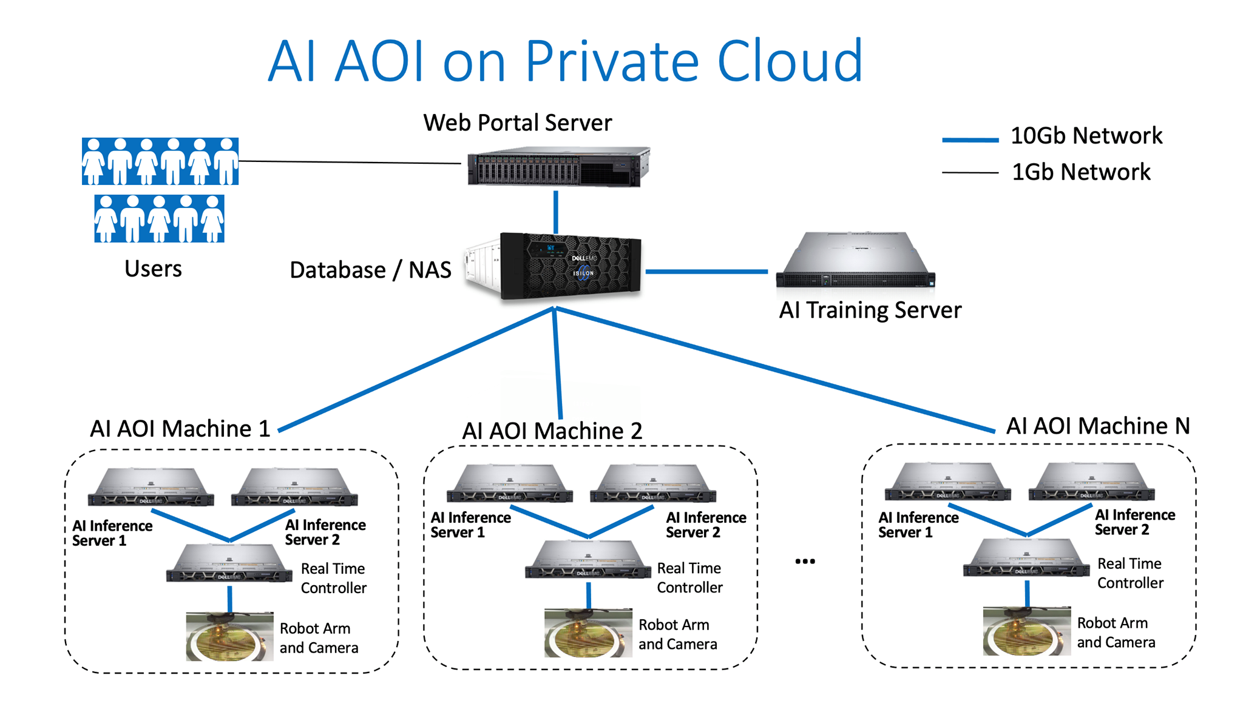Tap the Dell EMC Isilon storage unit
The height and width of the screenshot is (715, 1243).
pyautogui.click(x=554, y=267)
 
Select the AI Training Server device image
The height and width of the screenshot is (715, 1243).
pyautogui.click(x=856, y=259)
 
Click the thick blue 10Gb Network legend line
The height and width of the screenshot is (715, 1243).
pyautogui.click(x=970, y=140)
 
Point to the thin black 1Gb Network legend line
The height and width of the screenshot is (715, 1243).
pyautogui.click(x=970, y=173)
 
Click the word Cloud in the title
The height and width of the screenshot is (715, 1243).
pyautogui.click(x=790, y=61)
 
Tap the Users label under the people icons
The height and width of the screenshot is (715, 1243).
pyautogui.click(x=153, y=268)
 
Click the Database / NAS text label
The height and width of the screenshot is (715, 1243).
pyautogui.click(x=370, y=270)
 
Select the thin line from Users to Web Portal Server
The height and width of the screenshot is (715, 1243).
pyautogui.click(x=350, y=162)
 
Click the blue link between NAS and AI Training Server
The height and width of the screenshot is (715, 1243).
pyautogui.click(x=706, y=272)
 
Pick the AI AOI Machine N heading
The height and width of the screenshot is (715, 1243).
pyautogui.click(x=1098, y=426)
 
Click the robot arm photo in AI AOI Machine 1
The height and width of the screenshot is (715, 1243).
pyautogui.click(x=229, y=636)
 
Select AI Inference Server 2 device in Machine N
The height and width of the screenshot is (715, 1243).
pyautogui.click(x=1091, y=482)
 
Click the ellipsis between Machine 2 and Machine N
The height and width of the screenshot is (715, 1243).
pyautogui.click(x=805, y=562)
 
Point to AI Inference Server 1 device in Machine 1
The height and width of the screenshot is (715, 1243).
pyautogui.click(x=151, y=486)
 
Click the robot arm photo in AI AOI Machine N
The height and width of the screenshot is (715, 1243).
pyautogui.click(x=1027, y=631)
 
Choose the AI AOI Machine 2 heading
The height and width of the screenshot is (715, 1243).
pyautogui.click(x=552, y=431)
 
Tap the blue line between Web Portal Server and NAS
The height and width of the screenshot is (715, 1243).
pyautogui.click(x=555, y=212)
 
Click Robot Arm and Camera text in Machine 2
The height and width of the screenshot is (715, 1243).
pyautogui.click(x=677, y=634)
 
